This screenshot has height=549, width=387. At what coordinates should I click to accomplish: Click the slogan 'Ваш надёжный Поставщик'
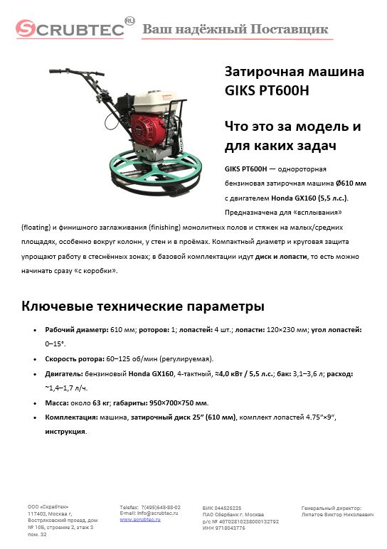point(235,29)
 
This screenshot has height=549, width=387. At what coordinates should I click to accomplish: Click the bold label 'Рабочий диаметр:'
point(76,331)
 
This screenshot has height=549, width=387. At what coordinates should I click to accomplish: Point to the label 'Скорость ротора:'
point(75,359)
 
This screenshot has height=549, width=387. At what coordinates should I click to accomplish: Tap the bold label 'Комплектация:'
point(70,417)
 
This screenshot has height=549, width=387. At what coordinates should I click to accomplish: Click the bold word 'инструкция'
point(65,431)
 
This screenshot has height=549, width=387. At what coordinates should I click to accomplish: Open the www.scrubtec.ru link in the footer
point(139,520)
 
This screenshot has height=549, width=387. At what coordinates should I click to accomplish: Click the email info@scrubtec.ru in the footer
point(149,513)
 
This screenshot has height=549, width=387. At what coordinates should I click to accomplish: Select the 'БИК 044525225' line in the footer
point(218,508)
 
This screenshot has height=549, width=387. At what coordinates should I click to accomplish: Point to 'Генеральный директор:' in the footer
point(332,508)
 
